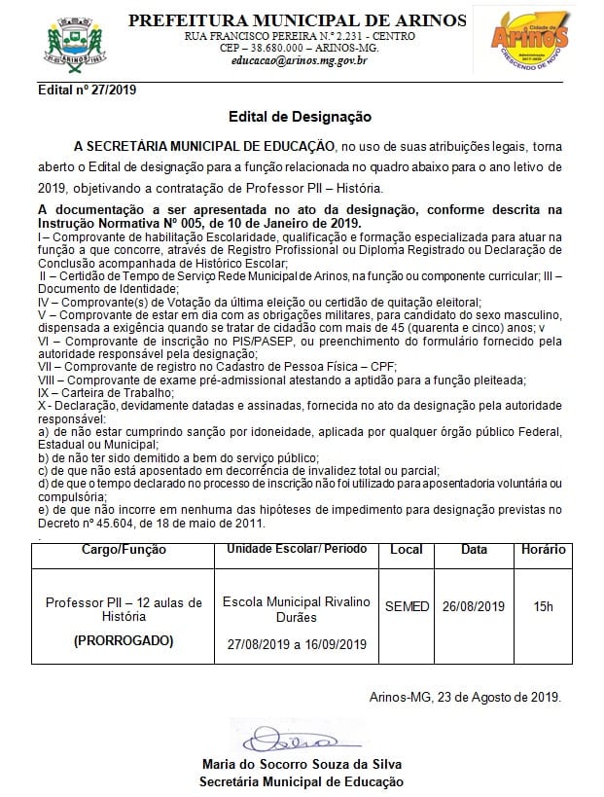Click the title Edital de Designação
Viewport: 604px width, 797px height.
(x=300, y=117)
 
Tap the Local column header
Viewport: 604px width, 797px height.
(x=406, y=550)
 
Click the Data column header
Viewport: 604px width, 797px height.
(x=474, y=550)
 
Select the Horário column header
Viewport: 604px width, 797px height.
(x=543, y=550)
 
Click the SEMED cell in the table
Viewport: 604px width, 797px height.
(x=407, y=607)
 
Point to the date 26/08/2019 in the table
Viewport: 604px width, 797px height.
(x=474, y=607)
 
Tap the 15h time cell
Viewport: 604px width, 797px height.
(x=543, y=607)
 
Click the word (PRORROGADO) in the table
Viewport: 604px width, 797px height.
(x=124, y=641)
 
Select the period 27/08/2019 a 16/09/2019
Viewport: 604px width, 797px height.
(x=297, y=644)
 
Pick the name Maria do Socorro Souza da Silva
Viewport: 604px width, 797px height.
(x=301, y=764)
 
